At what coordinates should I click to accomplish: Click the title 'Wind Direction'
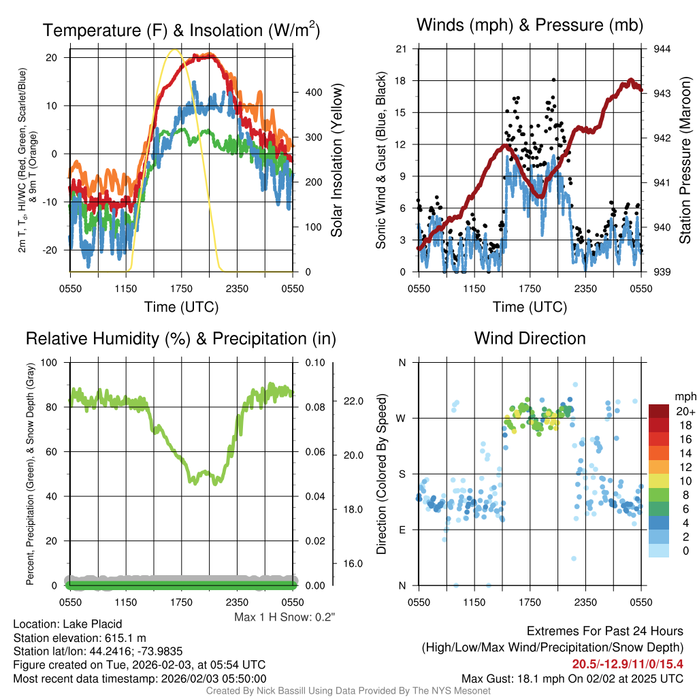pos(530,338)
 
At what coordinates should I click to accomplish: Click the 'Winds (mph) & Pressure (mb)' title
pos(530,26)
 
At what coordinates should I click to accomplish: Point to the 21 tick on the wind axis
pos(402,49)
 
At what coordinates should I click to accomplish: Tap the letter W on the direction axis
pos(402,418)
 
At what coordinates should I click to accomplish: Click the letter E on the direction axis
pos(402,530)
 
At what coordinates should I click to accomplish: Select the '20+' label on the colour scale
pos(685,412)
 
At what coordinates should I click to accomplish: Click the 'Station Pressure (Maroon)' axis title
pos(685,161)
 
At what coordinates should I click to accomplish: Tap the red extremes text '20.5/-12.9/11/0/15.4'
pos(627,664)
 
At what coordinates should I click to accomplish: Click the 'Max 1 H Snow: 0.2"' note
pos(285,617)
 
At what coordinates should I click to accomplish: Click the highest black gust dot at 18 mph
pos(554,80)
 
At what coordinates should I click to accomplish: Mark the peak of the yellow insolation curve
pos(175,49)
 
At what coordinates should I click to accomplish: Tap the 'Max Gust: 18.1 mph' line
pos(572,678)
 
